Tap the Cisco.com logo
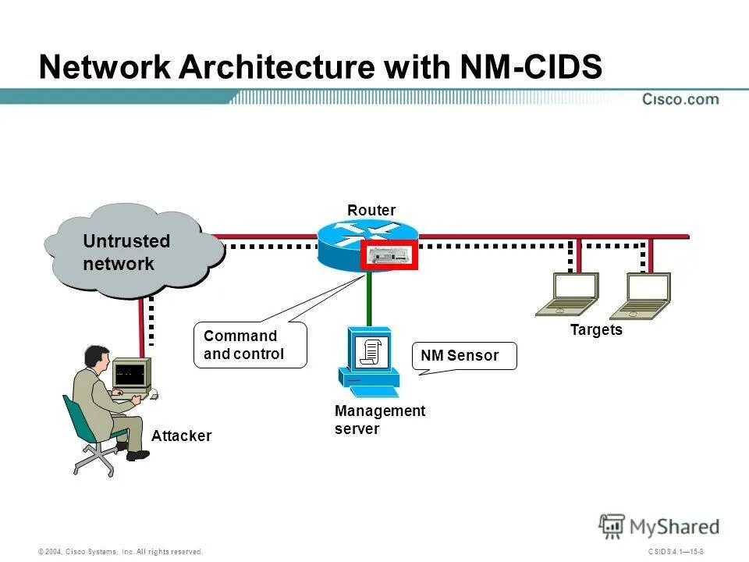pyautogui.click(x=680, y=99)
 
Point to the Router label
pyautogui.click(x=371, y=211)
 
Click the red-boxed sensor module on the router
pyautogui.click(x=389, y=255)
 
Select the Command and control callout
pyautogui.click(x=250, y=346)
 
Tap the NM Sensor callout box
pyautogui.click(x=464, y=356)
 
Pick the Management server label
pyautogui.click(x=379, y=420)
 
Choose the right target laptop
pyautogui.click(x=641, y=297)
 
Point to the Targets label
pyautogui.click(x=596, y=330)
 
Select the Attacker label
pyautogui.click(x=181, y=436)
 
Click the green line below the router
pyautogui.click(x=367, y=297)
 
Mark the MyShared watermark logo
pyautogui.click(x=659, y=527)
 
